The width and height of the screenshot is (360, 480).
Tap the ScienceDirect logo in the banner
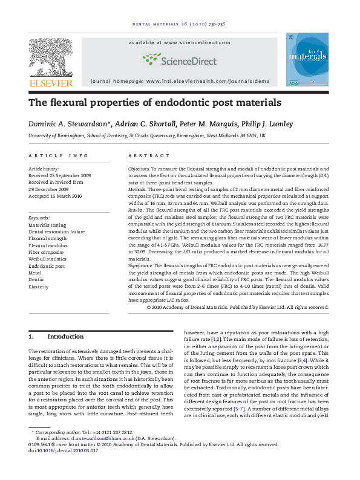pos(180,59)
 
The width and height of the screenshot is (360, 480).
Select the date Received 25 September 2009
pos(59,175)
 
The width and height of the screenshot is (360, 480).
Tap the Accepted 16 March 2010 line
pos(55,196)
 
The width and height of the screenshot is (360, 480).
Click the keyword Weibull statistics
pos(50,258)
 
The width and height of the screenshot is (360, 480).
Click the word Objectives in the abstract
pos(139,169)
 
